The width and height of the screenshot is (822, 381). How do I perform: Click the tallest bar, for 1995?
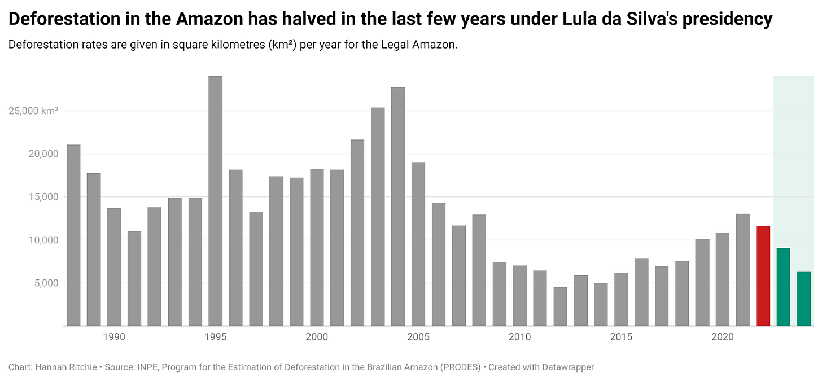coord(215,201)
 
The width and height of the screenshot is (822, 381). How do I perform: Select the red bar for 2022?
coord(763,276)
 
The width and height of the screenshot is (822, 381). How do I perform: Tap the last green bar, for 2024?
coord(803,299)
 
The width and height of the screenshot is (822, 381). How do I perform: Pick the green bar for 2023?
coord(783,287)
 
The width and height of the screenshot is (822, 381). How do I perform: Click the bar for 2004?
coord(398,207)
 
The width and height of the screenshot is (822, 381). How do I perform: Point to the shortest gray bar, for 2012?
coord(560,306)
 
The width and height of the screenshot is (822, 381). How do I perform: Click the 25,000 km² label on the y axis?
coord(33,111)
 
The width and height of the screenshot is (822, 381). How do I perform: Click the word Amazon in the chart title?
coord(208,19)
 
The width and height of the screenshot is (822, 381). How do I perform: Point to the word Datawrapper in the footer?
coord(567,367)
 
